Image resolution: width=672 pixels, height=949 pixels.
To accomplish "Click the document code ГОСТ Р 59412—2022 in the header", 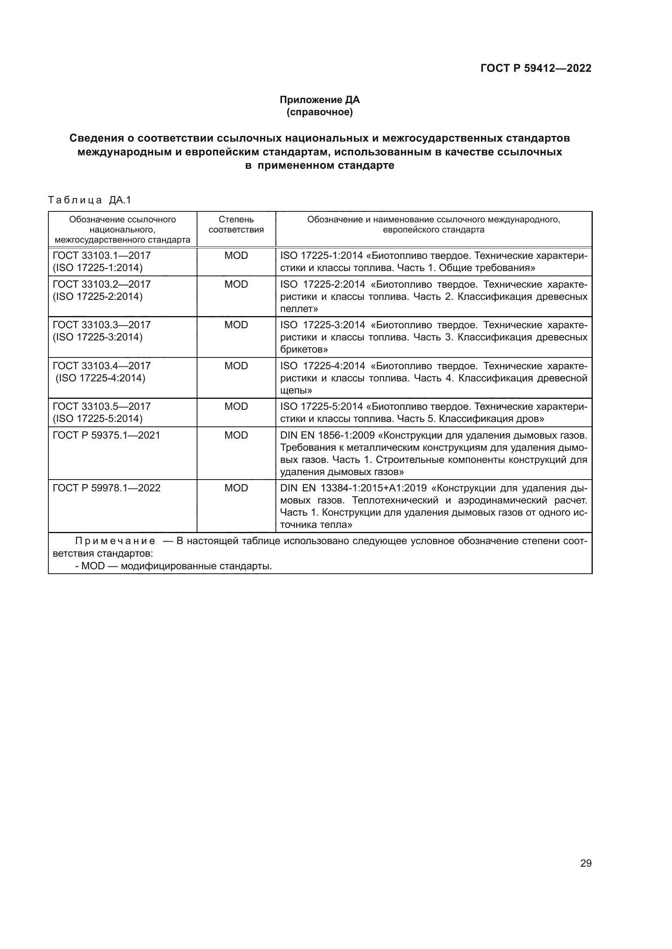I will click(536, 68).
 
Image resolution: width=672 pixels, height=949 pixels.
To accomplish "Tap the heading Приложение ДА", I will click(319, 100).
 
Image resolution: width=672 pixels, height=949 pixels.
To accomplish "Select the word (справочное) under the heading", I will click(319, 112).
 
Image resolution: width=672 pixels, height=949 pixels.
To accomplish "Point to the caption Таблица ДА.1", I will click(89, 200).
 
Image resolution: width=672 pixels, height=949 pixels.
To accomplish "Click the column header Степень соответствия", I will click(236, 224).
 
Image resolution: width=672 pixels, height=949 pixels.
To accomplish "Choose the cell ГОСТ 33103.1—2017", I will click(102, 256).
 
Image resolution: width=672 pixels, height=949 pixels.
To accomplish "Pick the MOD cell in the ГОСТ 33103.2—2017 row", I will click(236, 284).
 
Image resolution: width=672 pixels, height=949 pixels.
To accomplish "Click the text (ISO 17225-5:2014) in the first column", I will click(98, 419).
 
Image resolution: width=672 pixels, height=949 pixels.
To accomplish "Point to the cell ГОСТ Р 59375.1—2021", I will click(106, 435).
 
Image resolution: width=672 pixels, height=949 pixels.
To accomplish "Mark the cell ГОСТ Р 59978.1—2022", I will click(106, 488).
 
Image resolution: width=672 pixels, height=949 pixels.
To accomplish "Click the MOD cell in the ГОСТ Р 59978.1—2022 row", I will click(236, 488).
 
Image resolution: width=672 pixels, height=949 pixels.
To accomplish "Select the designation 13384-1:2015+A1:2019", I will click(374, 488).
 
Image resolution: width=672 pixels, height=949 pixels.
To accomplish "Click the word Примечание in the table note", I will click(115, 542).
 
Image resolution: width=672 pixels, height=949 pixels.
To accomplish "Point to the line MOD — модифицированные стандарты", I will click(173, 566).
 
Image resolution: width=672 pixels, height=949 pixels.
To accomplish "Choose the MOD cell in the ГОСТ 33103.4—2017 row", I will click(236, 366).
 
